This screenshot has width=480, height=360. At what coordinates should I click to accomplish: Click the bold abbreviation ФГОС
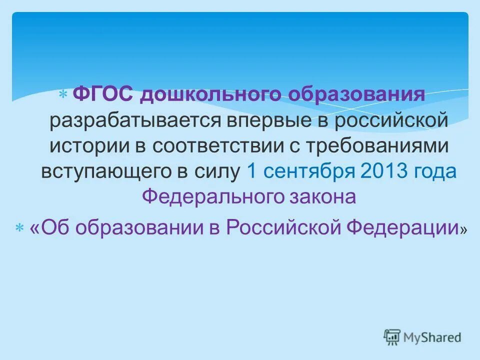click(102, 93)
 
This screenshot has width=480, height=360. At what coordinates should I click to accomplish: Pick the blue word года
click(435, 171)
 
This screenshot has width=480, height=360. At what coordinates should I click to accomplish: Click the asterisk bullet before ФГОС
click(63, 94)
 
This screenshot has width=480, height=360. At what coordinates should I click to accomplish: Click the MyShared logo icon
click(392, 337)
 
